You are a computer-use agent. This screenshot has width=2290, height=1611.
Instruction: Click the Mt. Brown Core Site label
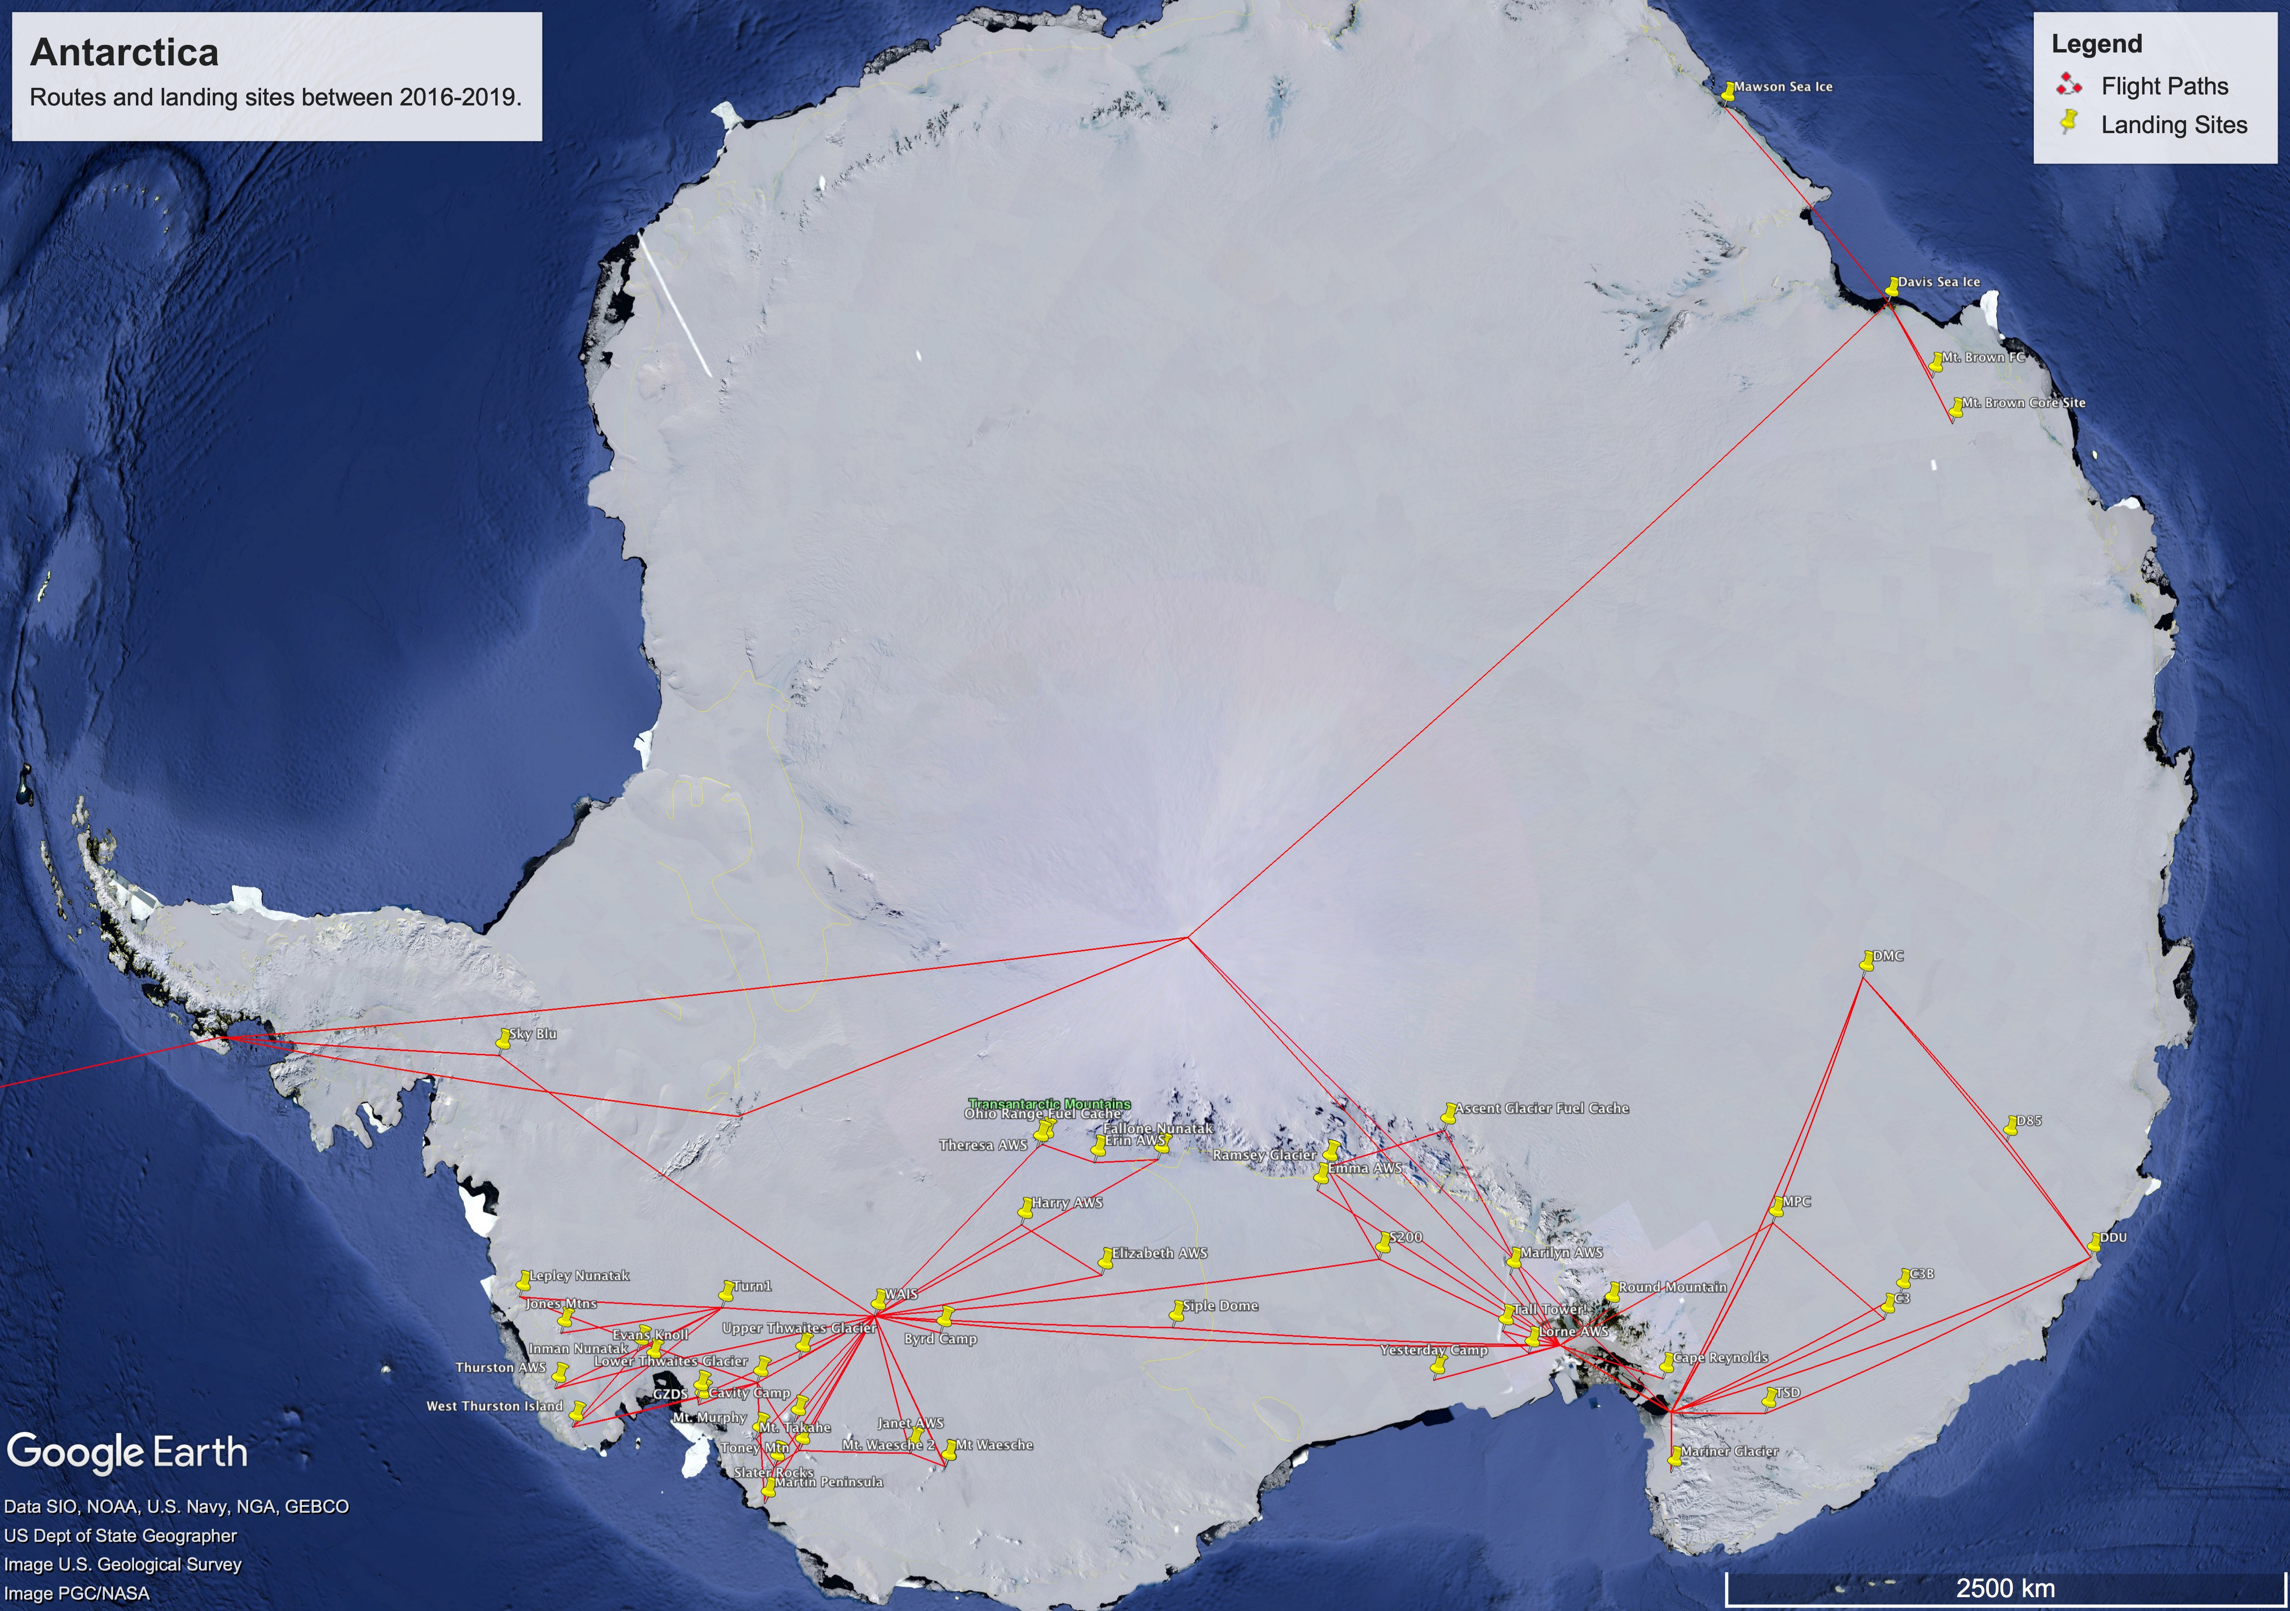2023,403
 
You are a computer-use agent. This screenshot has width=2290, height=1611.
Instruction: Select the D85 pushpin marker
2011,1125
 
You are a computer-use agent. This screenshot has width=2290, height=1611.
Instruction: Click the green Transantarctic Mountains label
1049,1103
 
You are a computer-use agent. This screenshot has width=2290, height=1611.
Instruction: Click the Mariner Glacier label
1728,1451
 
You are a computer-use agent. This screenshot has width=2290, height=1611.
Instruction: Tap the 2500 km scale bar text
2005,1588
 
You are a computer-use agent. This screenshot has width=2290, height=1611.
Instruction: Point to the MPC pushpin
1776,1207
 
